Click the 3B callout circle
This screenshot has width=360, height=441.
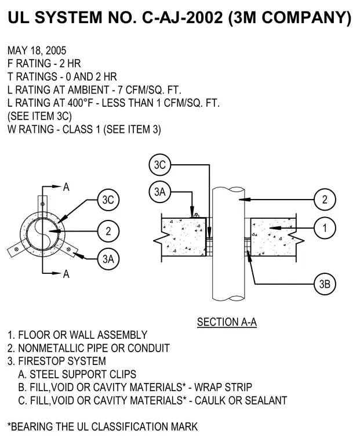tap(325, 284)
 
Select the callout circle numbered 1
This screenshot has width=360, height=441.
tap(325, 228)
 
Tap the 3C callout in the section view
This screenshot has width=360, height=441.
tap(160, 165)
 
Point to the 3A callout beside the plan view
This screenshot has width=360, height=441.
tap(108, 259)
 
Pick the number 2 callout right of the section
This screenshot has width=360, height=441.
tap(325, 200)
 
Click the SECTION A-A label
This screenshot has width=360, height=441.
tap(227, 322)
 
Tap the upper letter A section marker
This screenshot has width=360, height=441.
tap(66, 187)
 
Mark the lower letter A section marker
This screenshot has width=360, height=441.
tap(66, 274)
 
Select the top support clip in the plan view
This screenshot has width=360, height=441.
tap(43, 206)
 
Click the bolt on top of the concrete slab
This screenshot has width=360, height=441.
tap(195, 215)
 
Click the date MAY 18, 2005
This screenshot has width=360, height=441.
tap(37, 50)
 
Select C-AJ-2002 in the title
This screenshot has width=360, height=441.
tap(183, 17)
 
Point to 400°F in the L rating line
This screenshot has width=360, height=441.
tap(80, 103)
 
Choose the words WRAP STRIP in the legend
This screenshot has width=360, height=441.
tap(223, 387)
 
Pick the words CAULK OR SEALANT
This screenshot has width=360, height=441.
tap(241, 400)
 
